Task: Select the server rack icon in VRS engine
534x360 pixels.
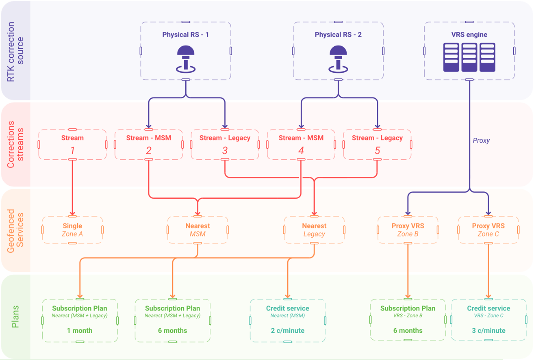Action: [469, 57]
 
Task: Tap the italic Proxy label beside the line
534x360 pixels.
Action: [481, 141]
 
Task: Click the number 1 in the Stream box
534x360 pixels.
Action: [72, 151]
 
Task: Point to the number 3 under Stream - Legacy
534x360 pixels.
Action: [225, 151]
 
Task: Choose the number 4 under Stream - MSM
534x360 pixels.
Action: [301, 151]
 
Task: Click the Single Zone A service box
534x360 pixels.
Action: [72, 230]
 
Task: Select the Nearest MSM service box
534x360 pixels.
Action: [198, 230]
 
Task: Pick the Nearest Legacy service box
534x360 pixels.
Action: [314, 230]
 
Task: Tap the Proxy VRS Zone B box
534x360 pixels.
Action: [408, 230]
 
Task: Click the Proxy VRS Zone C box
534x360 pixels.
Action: [488, 230]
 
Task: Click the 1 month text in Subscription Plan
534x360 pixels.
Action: [80, 330]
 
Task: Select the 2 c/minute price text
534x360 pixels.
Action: [287, 330]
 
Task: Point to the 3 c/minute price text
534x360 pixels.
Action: [488, 330]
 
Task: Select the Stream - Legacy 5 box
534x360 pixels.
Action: [377, 145]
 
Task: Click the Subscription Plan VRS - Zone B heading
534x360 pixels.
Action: [408, 308]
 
